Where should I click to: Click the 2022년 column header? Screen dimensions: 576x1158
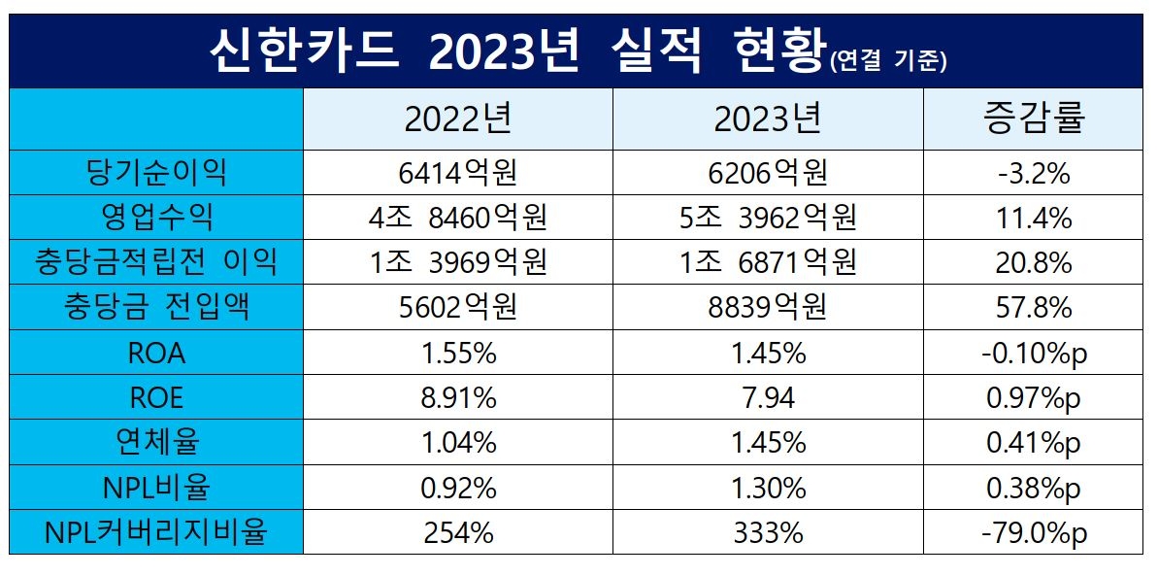pyautogui.click(x=457, y=119)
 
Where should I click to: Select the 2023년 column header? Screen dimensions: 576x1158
pyautogui.click(x=767, y=119)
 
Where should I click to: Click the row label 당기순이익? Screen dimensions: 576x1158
pyautogui.click(x=156, y=173)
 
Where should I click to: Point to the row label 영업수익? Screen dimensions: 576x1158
pyautogui.click(x=156, y=218)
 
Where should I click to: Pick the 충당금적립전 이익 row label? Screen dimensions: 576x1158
pyautogui.click(x=156, y=262)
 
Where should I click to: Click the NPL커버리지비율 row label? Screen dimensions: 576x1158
pyautogui.click(x=156, y=532)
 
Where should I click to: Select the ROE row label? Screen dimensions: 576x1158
pyautogui.click(x=156, y=397)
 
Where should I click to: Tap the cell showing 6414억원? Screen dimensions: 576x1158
pyautogui.click(x=457, y=173)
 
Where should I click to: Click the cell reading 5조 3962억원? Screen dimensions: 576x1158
pyautogui.click(x=767, y=218)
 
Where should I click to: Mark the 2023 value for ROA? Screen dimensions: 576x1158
pyautogui.click(x=767, y=353)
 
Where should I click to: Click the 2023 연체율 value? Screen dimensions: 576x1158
pyautogui.click(x=767, y=443)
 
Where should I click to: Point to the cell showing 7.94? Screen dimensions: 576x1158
pyautogui.click(x=767, y=397)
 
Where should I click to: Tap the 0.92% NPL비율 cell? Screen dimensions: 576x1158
pyautogui.click(x=457, y=488)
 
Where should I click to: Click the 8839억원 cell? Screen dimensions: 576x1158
pyautogui.click(x=767, y=308)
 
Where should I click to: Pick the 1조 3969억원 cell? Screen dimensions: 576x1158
pyautogui.click(x=457, y=262)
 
